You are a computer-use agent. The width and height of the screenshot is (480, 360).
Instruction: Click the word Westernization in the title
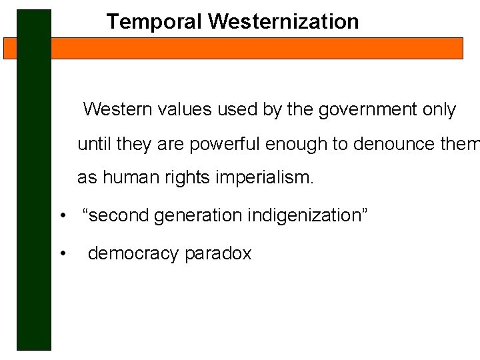(283, 21)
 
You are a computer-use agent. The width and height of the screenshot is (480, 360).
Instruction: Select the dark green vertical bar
(34, 200)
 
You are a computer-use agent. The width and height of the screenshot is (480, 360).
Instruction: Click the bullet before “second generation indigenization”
(61, 216)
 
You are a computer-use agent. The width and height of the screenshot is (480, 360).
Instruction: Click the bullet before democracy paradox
(61, 254)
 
